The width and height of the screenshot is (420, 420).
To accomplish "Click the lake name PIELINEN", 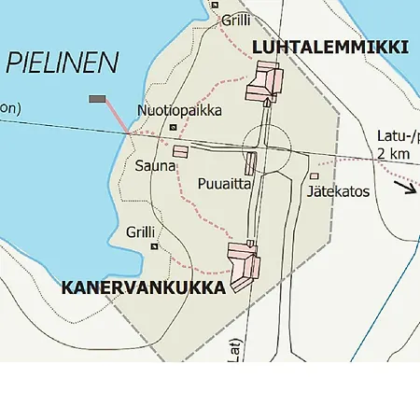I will (63, 63).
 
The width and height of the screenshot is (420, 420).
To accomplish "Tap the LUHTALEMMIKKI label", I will (331, 47).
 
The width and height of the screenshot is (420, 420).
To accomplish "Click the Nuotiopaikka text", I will (179, 110).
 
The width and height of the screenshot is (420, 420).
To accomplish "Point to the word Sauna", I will (153, 166).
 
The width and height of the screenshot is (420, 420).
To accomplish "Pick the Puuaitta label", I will (225, 183).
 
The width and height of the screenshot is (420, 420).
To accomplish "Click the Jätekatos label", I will (338, 191).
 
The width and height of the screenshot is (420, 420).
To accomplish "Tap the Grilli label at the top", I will (235, 19).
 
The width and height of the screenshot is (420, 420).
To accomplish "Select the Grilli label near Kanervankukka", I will (140, 231).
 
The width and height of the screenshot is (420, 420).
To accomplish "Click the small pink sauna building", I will (180, 151).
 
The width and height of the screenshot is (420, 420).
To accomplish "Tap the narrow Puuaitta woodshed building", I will (250, 163).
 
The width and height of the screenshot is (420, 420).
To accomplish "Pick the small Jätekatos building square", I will (315, 175).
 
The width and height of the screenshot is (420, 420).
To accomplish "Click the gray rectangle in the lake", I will (97, 99).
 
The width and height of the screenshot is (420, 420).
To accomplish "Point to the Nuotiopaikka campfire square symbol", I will (173, 127).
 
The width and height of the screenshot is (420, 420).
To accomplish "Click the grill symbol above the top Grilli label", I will (215, 5).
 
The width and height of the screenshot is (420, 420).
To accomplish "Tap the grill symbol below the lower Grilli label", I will (154, 246).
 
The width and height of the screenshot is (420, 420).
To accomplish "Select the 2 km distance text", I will (395, 154).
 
